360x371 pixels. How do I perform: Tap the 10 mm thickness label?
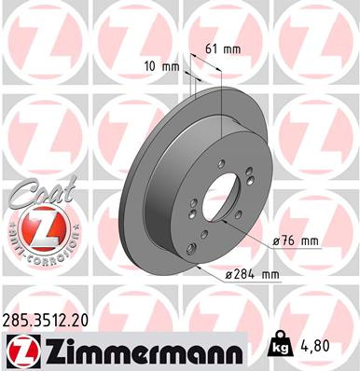click(163, 66)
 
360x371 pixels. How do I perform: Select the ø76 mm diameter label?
click(298, 241)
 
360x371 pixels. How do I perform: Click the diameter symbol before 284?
click(231, 274)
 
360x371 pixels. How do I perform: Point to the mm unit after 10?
click(171, 66)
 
